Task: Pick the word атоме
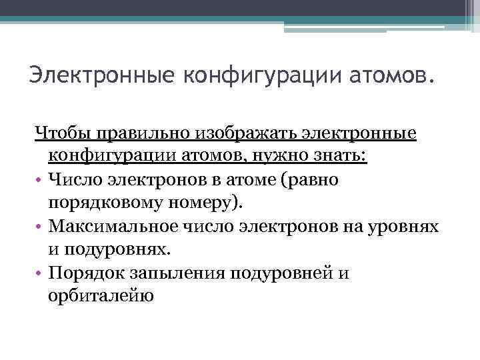pos(262,180)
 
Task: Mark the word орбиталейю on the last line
pos(101,296)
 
